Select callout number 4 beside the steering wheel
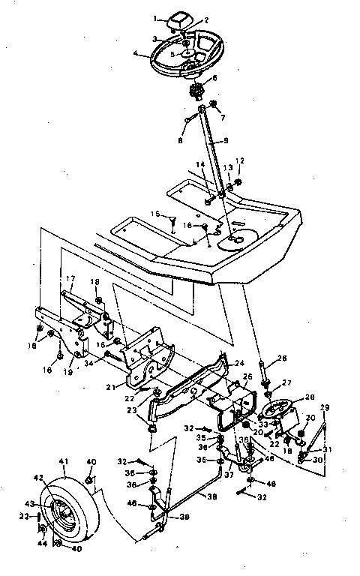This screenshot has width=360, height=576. pos(136,53)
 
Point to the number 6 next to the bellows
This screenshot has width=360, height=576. pos(214,78)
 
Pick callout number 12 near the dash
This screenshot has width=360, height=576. pos(240,160)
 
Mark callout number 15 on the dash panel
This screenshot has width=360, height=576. pos(154,214)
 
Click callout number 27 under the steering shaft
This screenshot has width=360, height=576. pos(285,382)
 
